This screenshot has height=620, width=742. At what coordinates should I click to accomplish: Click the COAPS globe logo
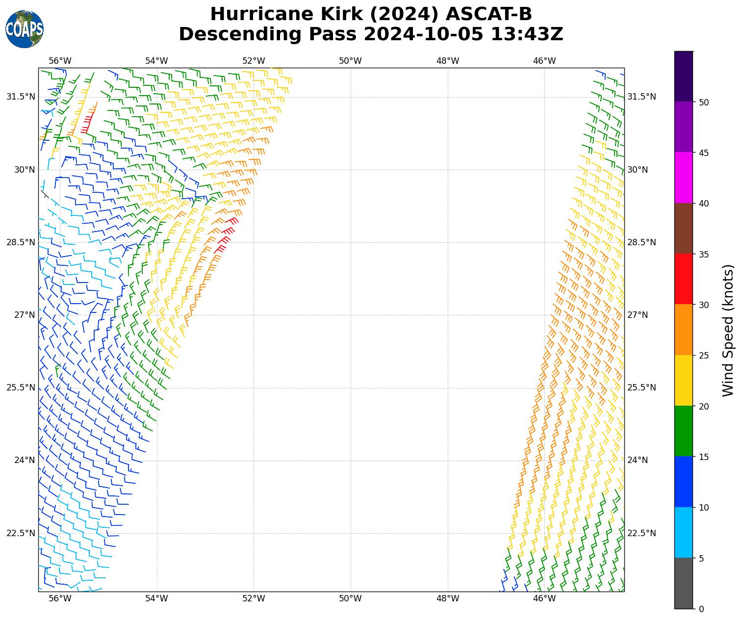click(25, 29)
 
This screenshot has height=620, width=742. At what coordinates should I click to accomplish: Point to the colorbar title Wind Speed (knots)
click(728, 330)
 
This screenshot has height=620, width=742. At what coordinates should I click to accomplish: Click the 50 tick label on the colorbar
click(703, 102)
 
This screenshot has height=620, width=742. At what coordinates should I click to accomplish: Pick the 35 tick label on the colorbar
click(703, 254)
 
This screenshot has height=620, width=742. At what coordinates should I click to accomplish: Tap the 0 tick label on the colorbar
click(701, 609)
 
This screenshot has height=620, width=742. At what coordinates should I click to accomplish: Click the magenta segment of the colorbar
click(684, 178)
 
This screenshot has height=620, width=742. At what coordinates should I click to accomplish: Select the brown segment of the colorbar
click(684, 229)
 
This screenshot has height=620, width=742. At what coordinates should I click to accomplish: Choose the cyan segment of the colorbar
click(684, 533)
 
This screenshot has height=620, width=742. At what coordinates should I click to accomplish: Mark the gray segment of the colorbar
click(684, 583)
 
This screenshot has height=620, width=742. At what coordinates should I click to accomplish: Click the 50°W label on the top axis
click(351, 61)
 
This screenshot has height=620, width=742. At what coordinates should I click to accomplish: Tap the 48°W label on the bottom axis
click(448, 598)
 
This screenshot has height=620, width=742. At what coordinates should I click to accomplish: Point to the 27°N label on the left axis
click(25, 315)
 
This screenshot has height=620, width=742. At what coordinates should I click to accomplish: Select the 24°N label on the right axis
click(638, 460)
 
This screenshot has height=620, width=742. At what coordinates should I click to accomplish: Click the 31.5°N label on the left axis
click(21, 97)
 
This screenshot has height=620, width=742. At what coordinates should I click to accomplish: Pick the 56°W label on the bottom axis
click(60, 598)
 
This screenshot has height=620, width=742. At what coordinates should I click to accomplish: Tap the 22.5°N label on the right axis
click(641, 533)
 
